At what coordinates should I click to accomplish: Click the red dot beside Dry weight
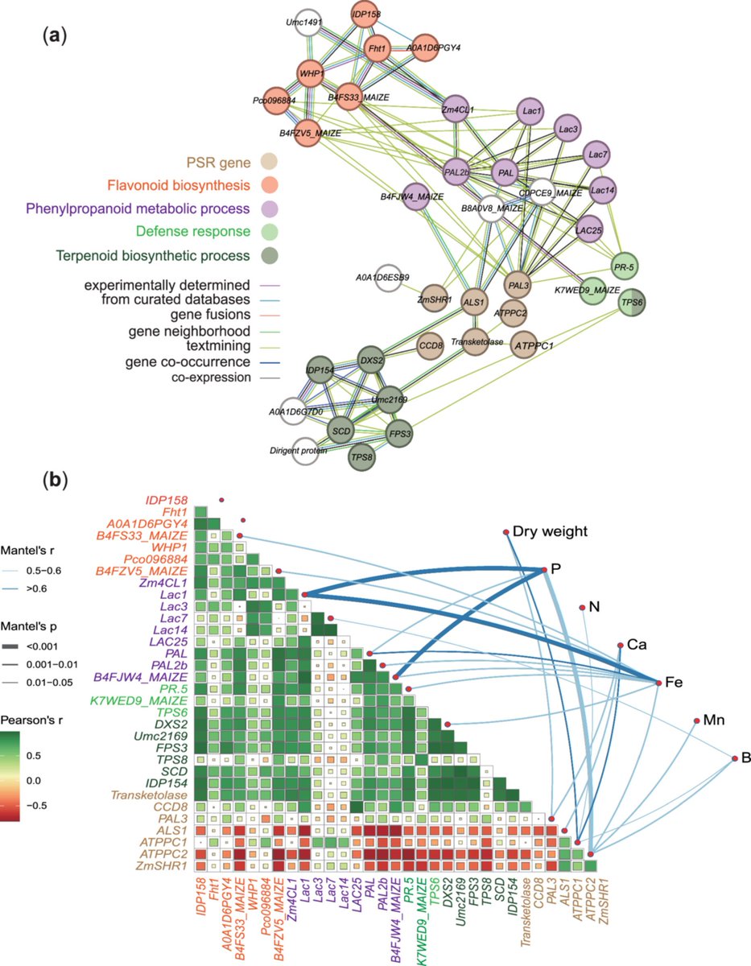coord(506,532)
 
